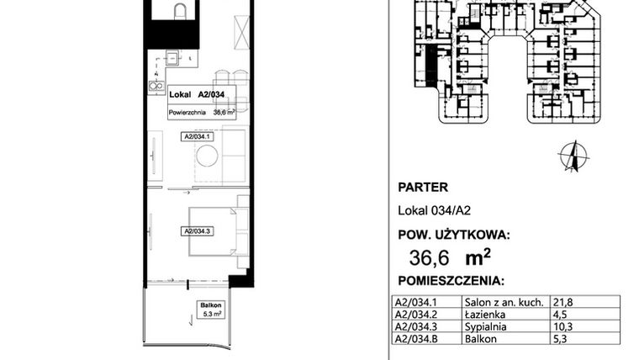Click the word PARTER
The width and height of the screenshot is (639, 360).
[x=421, y=188]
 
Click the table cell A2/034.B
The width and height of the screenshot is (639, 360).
[x=415, y=339]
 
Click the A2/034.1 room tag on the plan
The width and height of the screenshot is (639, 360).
[x=198, y=135]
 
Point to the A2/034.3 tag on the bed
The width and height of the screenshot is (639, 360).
[x=198, y=230]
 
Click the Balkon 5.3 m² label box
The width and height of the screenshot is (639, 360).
[x=211, y=310]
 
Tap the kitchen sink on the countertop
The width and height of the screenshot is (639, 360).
[x=171, y=58]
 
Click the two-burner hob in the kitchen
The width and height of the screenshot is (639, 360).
[x=156, y=85]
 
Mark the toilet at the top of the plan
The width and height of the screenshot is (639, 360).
[x=178, y=10]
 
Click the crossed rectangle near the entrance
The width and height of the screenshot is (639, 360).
[x=240, y=33]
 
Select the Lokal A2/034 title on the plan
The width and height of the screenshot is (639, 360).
[x=196, y=95]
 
